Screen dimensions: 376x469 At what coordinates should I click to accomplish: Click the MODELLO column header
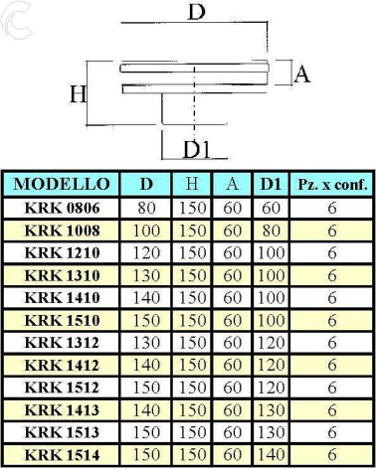tap(62, 184)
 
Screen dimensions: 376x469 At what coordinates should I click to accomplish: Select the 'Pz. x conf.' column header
tap(332, 185)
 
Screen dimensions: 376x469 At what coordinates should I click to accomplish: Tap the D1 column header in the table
tap(271, 184)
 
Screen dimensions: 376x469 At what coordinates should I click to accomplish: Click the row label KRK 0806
tap(62, 208)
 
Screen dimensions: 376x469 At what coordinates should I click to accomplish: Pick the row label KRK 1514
tap(62, 455)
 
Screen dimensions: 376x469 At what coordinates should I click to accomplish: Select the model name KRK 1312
tap(62, 343)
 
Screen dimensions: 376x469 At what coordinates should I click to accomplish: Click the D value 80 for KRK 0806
tap(146, 208)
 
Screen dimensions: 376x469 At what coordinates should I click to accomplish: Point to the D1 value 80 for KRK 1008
tap(271, 231)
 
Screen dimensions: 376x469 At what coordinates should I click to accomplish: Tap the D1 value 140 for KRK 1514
tap(271, 455)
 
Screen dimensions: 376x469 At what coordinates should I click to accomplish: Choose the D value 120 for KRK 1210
tap(146, 253)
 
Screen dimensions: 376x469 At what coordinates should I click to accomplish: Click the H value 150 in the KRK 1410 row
tap(193, 298)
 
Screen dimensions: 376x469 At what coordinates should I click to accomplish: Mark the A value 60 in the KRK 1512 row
tap(232, 388)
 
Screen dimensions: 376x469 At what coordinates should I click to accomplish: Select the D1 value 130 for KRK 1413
tap(271, 410)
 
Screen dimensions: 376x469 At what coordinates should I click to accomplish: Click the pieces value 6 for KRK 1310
tap(332, 275)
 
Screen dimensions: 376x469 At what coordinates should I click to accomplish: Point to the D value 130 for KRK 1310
tap(146, 275)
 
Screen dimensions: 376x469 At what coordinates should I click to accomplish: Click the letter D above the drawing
tap(197, 12)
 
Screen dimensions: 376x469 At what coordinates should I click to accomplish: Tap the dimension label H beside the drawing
tap(79, 94)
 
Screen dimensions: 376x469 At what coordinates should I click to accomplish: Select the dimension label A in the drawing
tap(302, 75)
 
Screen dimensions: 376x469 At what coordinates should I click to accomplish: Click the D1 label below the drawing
tap(197, 149)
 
